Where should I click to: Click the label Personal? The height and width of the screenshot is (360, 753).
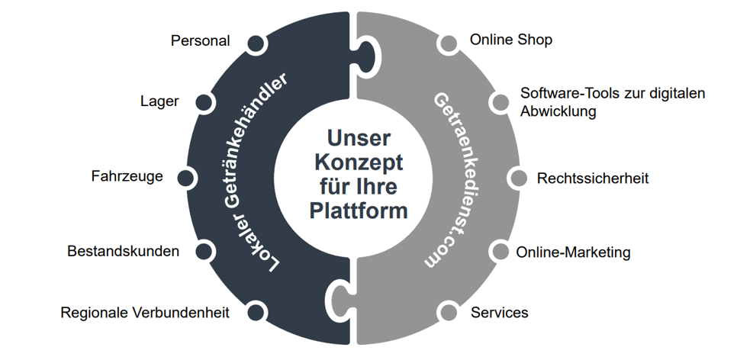[x=200, y=41]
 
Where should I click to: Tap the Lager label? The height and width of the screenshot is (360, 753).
[x=159, y=101]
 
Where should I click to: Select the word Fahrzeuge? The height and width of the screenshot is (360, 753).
[x=127, y=177]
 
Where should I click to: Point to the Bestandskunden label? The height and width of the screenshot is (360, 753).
[x=123, y=251]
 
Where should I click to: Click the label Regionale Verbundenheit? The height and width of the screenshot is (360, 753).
[x=144, y=313]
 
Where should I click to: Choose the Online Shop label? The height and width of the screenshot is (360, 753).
[x=510, y=40]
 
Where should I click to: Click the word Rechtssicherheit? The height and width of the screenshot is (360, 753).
[x=593, y=178]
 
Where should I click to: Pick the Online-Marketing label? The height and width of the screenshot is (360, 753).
[x=573, y=252]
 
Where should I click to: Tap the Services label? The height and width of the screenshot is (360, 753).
[x=499, y=313]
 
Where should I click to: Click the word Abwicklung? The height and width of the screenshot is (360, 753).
[x=558, y=111]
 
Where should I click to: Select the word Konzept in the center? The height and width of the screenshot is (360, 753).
[x=359, y=163]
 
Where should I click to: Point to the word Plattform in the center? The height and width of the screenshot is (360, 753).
[x=359, y=210]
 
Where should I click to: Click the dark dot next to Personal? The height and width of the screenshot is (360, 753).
[x=256, y=43]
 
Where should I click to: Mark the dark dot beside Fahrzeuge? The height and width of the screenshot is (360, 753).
[x=185, y=178]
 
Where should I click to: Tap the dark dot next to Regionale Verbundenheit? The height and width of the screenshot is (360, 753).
[x=256, y=311]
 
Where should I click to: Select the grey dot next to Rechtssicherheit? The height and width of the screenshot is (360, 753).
[x=518, y=178]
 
